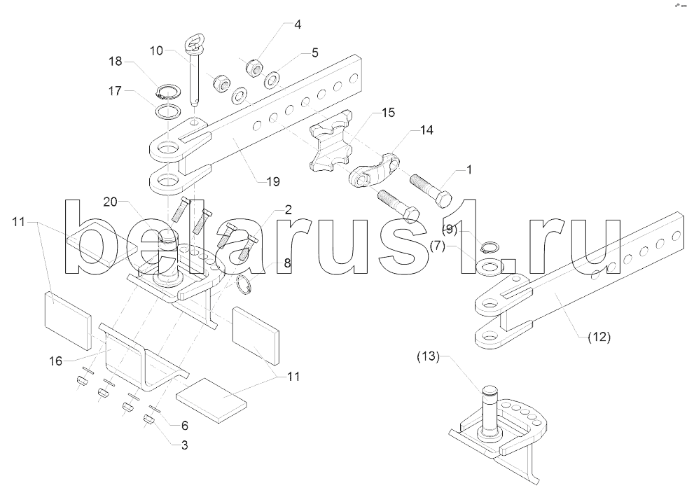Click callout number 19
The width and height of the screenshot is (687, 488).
[273, 181]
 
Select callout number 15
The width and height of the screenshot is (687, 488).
[388, 113]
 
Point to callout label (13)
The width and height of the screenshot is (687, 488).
[428, 356]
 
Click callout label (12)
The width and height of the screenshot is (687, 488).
[599, 337]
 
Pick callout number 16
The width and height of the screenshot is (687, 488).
[55, 361]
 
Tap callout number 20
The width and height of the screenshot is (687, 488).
[111, 202]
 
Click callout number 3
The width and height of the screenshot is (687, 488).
[184, 445]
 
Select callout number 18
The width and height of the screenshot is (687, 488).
[116, 61]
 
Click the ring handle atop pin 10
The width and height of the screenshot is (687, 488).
[193, 44]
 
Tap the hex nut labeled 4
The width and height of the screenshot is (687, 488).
[254, 67]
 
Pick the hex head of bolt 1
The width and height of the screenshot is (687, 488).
[444, 199]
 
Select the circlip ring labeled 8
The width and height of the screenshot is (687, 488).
[244, 285]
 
